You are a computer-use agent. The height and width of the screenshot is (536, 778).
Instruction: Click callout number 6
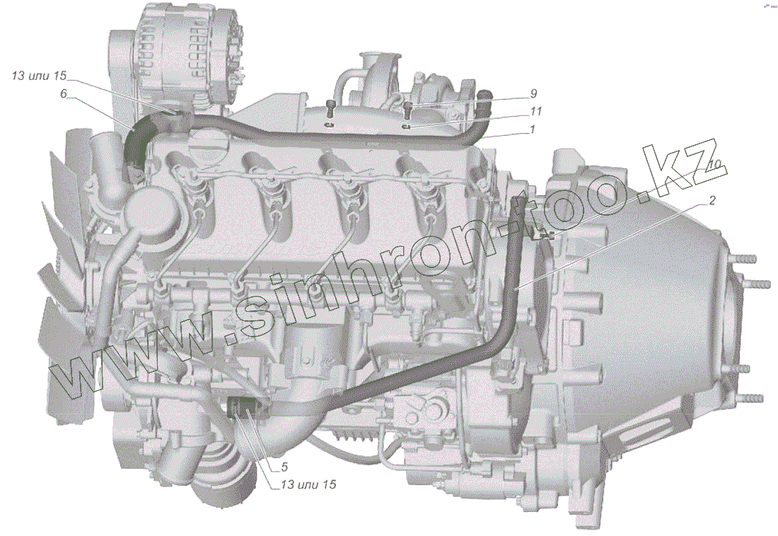[x=64, y=94]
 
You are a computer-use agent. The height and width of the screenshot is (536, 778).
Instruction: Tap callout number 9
[x=533, y=93]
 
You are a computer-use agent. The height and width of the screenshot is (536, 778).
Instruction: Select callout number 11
[x=536, y=111]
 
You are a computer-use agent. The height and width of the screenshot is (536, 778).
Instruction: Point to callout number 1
[x=533, y=129]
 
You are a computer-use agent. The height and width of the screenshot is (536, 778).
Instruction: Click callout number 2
[x=712, y=201]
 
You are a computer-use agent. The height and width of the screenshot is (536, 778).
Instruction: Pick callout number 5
[x=284, y=467]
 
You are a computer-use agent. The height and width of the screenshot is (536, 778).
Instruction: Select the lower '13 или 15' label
[x=308, y=484]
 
